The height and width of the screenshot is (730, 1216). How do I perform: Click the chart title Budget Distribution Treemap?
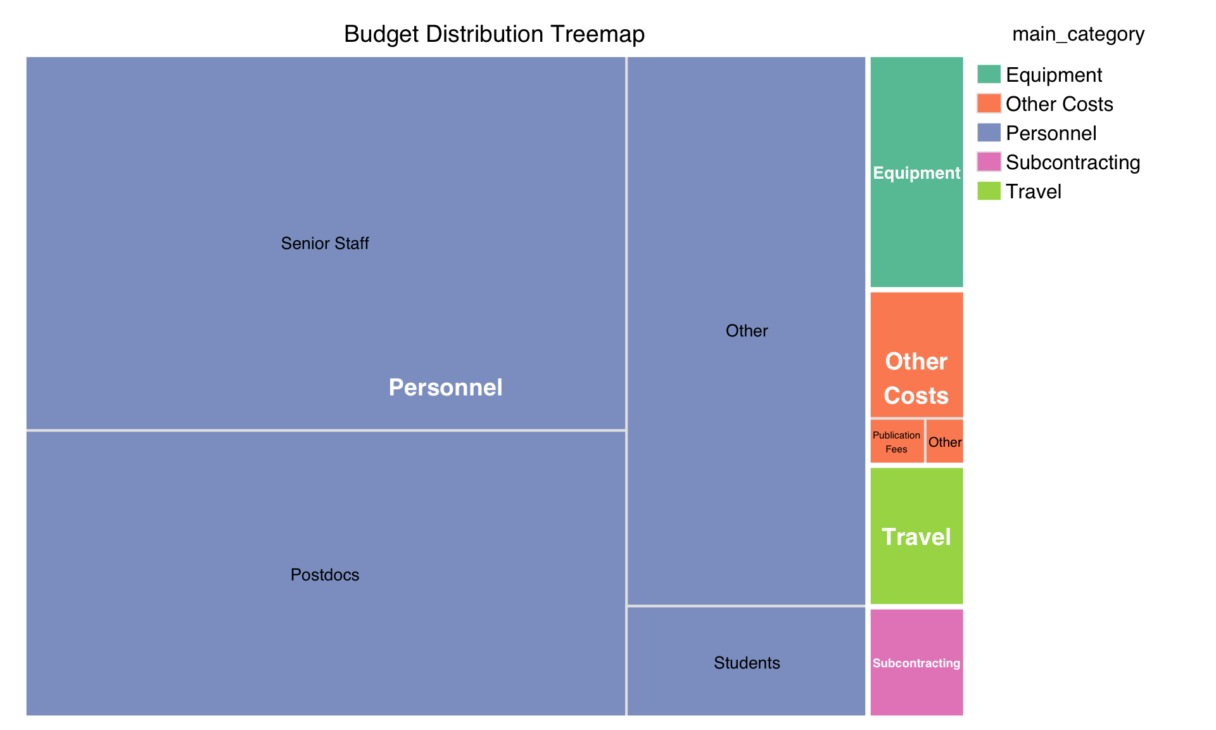494,34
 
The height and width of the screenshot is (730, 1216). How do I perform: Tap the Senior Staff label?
324,243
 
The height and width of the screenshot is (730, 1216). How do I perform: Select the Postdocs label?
324,575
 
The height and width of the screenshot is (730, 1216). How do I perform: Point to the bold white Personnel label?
445,387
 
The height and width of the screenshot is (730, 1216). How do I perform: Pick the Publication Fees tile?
897,442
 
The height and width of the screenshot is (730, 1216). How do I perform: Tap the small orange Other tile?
945,442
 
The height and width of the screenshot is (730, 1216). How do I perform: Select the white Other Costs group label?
916,378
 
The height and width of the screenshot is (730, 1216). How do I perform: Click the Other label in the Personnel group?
746,331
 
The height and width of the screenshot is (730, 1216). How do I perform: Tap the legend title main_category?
1078,34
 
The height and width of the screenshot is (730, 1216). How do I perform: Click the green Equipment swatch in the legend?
989,74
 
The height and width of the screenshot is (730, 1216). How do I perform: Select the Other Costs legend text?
1059,104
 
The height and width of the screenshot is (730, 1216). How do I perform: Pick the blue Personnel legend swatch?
989,132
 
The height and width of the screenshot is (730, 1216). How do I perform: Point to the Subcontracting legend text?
1072,162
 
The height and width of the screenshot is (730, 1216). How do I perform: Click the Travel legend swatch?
989,191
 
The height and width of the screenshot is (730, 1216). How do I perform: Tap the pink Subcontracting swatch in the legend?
989,162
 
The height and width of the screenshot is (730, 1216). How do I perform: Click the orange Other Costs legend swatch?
989,103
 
